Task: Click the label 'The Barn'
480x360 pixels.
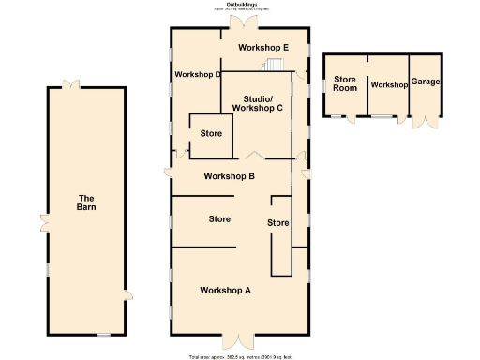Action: [x=86, y=202]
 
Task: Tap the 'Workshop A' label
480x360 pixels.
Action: [x=226, y=290]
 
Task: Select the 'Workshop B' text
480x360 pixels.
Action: [x=230, y=176]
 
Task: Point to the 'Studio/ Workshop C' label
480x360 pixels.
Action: [x=258, y=103]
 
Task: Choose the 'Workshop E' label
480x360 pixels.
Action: [x=263, y=47]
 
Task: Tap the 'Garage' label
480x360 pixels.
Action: [x=426, y=82]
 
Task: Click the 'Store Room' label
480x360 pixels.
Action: [x=345, y=83]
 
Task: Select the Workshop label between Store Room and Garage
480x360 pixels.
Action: [x=389, y=84]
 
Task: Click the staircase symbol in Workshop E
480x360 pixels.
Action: [x=273, y=65]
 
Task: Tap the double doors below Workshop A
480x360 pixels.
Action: [x=239, y=340]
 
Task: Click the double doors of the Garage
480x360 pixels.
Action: [x=427, y=122]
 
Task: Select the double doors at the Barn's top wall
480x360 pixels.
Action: [x=69, y=84]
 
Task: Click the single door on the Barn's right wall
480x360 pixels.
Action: [x=127, y=294]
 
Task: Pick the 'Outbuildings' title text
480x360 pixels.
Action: [x=239, y=5]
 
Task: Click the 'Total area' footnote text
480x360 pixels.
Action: [x=240, y=356]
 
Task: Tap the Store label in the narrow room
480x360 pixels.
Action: [x=278, y=223]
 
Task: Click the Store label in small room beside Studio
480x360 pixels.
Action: [x=211, y=134]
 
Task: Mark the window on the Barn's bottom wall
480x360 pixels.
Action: [x=103, y=335]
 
